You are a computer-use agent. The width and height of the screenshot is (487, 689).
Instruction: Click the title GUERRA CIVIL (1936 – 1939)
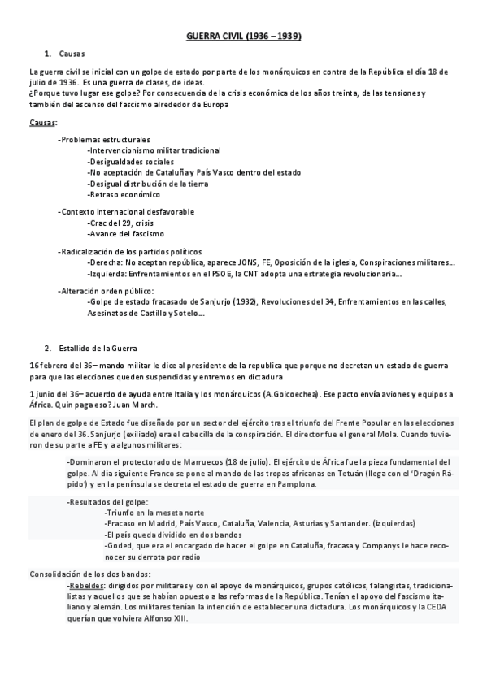pyautogui.click(x=244, y=37)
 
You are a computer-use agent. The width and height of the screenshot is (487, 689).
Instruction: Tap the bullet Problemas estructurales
pyautogui.click(x=104, y=141)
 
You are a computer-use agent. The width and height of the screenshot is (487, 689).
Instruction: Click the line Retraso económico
pyautogui.click(x=124, y=194)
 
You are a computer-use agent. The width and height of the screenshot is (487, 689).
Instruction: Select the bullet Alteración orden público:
pyautogui.click(x=106, y=291)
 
